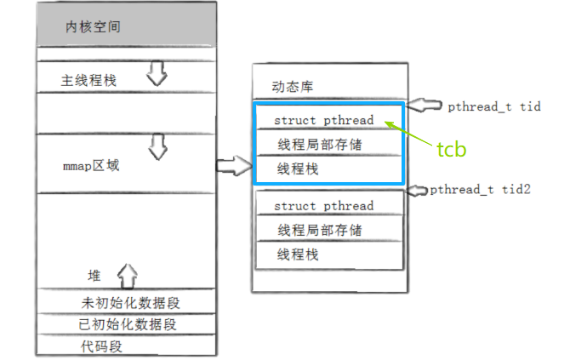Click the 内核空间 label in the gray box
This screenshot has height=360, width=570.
point(93,27)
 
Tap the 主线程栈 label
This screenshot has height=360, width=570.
point(88,80)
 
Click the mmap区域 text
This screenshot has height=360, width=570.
point(91,165)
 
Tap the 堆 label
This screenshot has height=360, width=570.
point(94,276)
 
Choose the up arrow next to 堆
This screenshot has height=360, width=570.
point(126,274)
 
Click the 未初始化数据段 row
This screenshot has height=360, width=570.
point(131,302)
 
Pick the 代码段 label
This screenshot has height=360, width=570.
point(102,346)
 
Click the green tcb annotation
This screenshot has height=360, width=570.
point(452,150)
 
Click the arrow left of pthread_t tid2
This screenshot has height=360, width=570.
point(418,190)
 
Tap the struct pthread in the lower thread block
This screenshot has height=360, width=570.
point(323,206)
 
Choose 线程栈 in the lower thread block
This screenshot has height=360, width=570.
point(298,254)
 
